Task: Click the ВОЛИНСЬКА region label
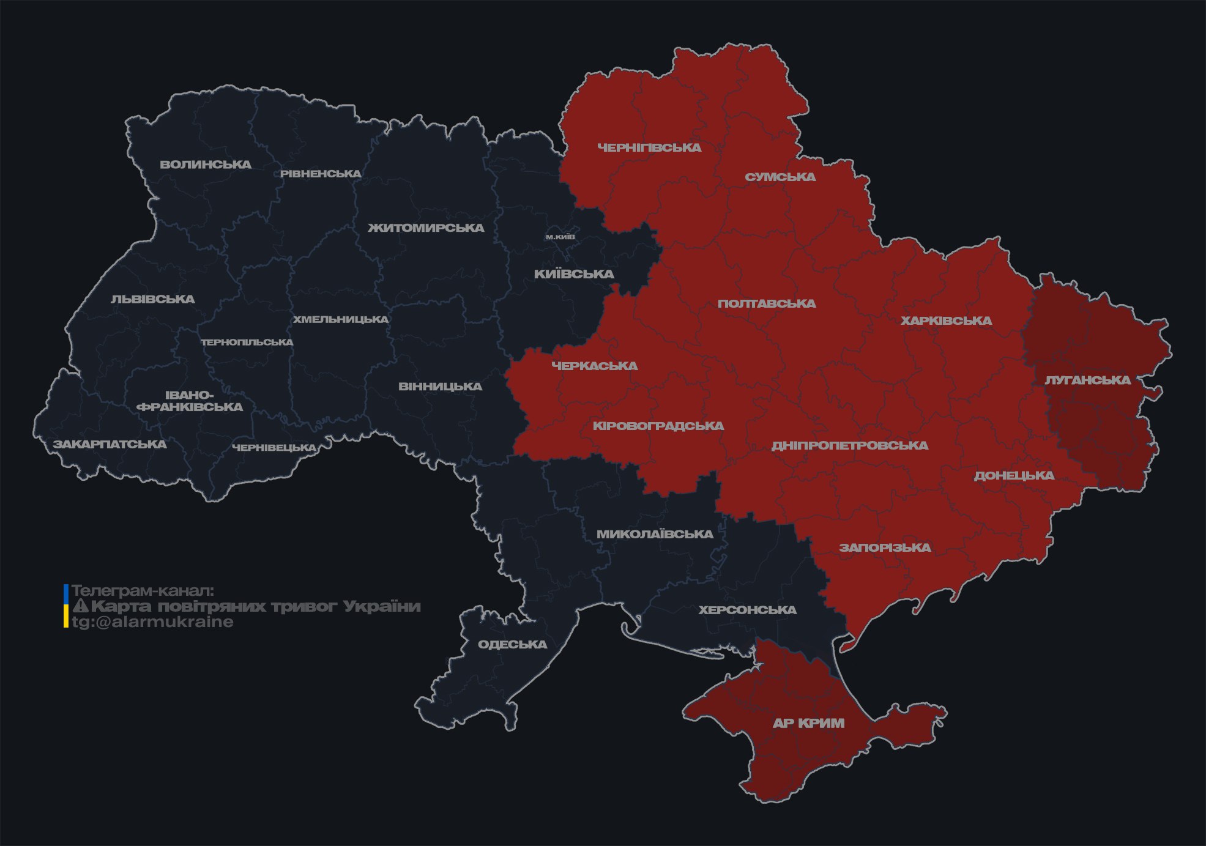[x=206, y=165]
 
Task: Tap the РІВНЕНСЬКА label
[x=321, y=174]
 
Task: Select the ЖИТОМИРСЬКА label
[x=426, y=228]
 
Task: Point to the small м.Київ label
[x=560, y=237]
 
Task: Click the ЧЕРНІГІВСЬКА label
[x=649, y=147]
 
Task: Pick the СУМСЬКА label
[x=780, y=177]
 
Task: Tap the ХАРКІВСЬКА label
[x=946, y=321]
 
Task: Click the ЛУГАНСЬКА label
[x=1087, y=380]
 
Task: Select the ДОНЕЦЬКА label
[x=1014, y=475]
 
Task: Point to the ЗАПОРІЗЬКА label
[x=885, y=547]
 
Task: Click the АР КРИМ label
[x=808, y=723]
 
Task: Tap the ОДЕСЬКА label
[x=512, y=644]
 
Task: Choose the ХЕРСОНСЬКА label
[x=747, y=610]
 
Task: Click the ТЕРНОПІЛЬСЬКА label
[x=247, y=342]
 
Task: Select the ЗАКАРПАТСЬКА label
[x=110, y=444]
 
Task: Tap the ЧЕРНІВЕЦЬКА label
[x=274, y=448]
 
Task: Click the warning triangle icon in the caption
[x=80, y=606]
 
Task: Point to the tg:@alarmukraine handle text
[x=152, y=622]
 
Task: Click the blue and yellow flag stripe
[x=66, y=606]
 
